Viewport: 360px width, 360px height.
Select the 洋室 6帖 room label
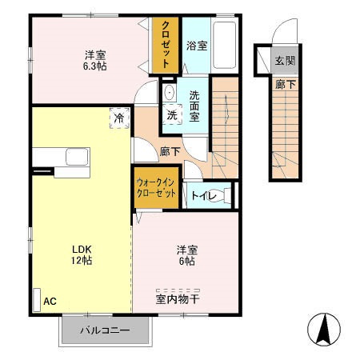click(187, 255)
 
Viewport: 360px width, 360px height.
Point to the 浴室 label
click(197, 46)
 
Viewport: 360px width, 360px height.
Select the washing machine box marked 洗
click(172, 114)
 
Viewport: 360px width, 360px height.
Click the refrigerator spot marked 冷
click(118, 118)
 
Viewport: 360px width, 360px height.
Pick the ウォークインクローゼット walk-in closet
click(157, 189)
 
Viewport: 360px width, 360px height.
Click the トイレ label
click(200, 194)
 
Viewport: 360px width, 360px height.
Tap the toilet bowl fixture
click(224, 194)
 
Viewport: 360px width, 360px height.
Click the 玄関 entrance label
click(285, 62)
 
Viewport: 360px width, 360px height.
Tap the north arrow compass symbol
click(324, 329)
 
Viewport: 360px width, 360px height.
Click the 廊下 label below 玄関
click(285, 82)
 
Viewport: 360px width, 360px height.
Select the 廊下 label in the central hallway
click(169, 150)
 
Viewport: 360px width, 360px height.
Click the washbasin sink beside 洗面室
click(169, 93)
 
